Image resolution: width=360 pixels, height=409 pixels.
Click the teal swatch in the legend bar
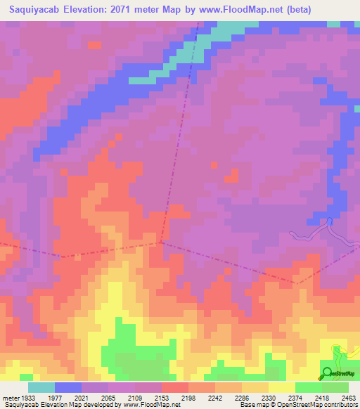(41, 387)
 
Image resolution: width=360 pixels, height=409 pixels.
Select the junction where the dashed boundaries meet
(161, 242)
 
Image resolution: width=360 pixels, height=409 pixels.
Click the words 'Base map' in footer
(251, 405)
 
